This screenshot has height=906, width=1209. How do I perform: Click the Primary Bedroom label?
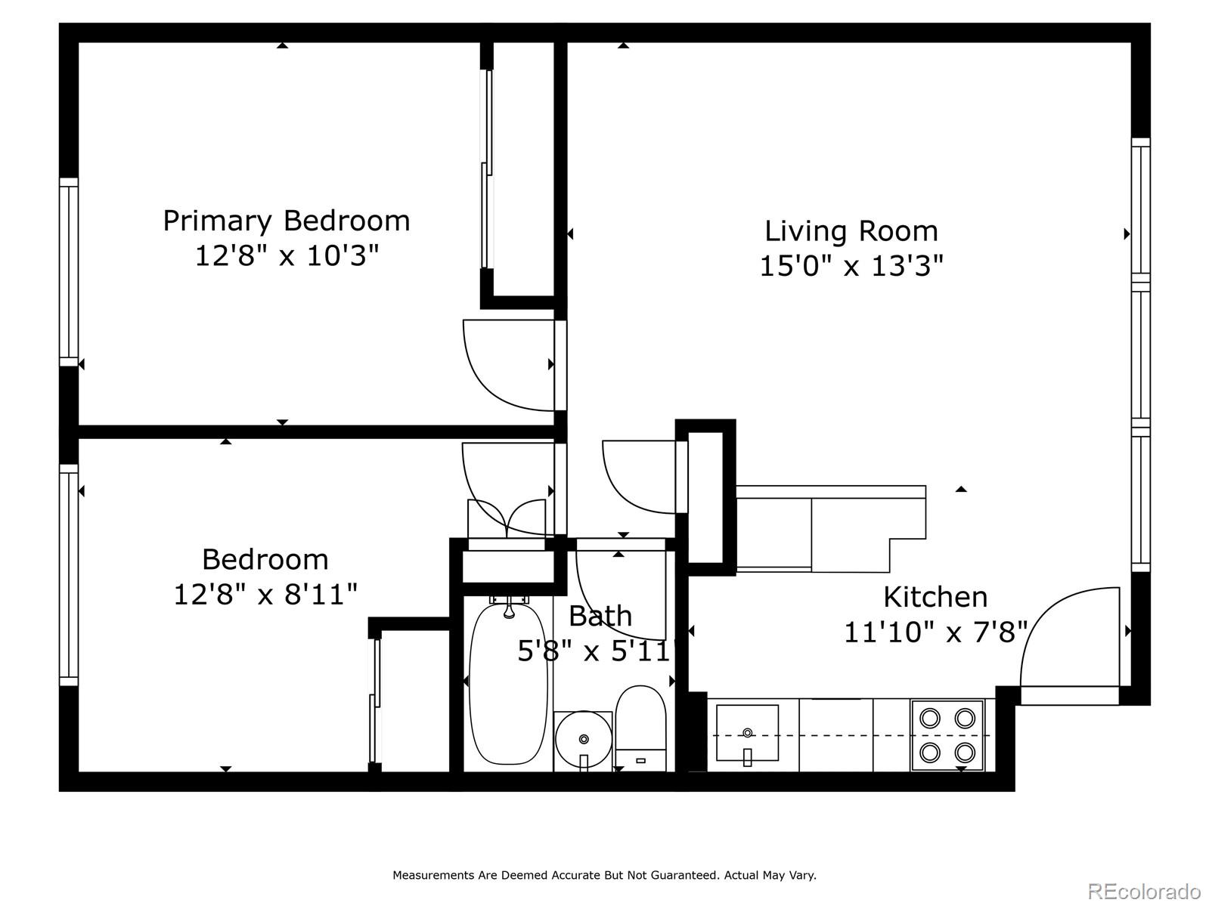pos(287,221)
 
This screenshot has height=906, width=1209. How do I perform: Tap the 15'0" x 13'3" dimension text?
pos(851,266)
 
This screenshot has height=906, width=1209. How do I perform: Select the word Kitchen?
pos(935,597)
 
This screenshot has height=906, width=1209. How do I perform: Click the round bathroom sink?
pos(583,739)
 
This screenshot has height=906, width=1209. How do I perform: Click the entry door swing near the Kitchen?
pos(1068,636)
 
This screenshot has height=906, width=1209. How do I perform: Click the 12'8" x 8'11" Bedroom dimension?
pos(265,594)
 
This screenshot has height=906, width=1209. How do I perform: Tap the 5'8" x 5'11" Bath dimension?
pos(594,651)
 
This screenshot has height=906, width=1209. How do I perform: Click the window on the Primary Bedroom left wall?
pos(69,272)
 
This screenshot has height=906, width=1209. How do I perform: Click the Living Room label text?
pos(851,230)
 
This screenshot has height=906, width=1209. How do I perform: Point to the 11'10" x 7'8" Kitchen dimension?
pos(935,632)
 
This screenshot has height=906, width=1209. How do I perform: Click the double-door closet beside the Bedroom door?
pos(507,521)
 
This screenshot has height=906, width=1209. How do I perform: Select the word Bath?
pos(600,616)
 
